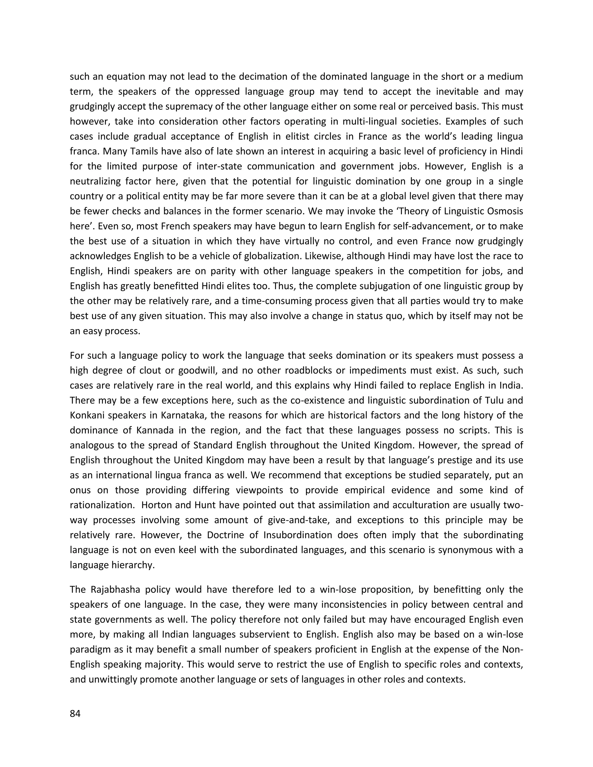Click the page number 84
[x=75, y=714]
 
